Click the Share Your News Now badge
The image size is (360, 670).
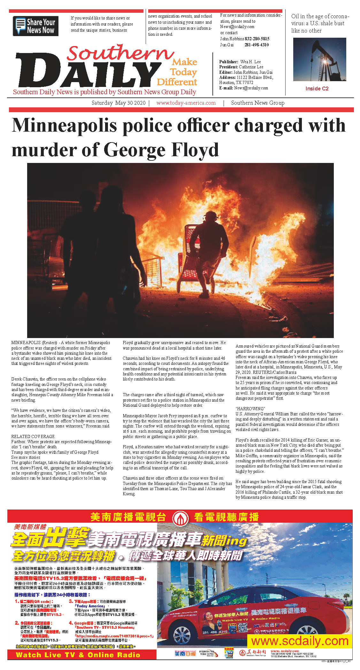(x=35, y=26)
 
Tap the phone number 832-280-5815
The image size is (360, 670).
(x=257, y=39)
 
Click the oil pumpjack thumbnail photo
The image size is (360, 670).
(x=319, y=59)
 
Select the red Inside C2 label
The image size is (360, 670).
(x=317, y=89)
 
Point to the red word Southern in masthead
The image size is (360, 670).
(x=120, y=53)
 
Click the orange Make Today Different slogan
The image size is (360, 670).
(x=178, y=72)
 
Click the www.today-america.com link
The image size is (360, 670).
(x=186, y=103)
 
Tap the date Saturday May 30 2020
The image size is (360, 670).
(x=118, y=103)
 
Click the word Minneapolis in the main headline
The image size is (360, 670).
(x=64, y=125)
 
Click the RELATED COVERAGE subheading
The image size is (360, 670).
(x=33, y=436)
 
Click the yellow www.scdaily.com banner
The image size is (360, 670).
(x=300, y=641)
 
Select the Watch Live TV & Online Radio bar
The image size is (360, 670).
(x=78, y=655)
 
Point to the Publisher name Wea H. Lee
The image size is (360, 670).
(x=250, y=62)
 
